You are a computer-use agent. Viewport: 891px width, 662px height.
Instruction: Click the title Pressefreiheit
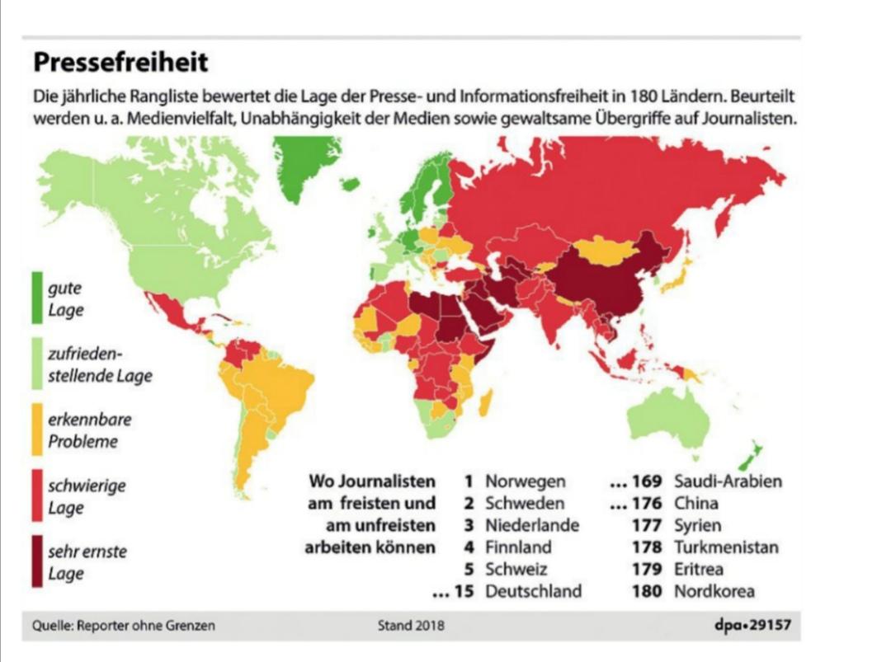[120, 63]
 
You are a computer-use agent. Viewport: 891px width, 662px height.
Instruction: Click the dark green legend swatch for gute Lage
[38, 298]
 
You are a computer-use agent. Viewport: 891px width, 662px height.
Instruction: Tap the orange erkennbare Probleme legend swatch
[38, 429]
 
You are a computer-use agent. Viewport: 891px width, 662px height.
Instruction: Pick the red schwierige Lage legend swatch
[38, 495]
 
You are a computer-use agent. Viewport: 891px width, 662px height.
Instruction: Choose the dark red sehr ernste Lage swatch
[38, 561]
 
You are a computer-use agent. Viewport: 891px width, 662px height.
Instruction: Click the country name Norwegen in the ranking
[525, 481]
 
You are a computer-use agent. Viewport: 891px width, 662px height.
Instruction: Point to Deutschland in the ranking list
[533, 591]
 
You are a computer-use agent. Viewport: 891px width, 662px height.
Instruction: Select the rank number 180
[647, 591]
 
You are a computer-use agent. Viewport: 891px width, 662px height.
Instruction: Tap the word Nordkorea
[714, 591]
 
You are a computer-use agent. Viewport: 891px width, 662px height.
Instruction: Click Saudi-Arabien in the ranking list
[728, 481]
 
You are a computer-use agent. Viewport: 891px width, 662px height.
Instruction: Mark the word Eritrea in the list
[700, 569]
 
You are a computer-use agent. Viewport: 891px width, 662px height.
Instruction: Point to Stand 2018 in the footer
[411, 626]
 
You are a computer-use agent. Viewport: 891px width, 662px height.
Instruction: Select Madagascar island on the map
[485, 403]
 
